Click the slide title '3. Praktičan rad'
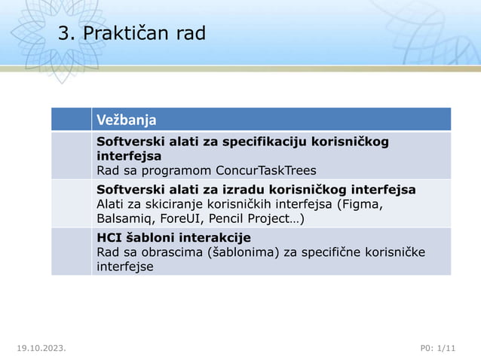point(131,34)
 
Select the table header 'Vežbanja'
point(126,120)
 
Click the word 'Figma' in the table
point(364,204)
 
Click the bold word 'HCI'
point(110,239)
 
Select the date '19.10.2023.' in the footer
point(41,347)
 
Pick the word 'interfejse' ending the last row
point(124,267)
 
